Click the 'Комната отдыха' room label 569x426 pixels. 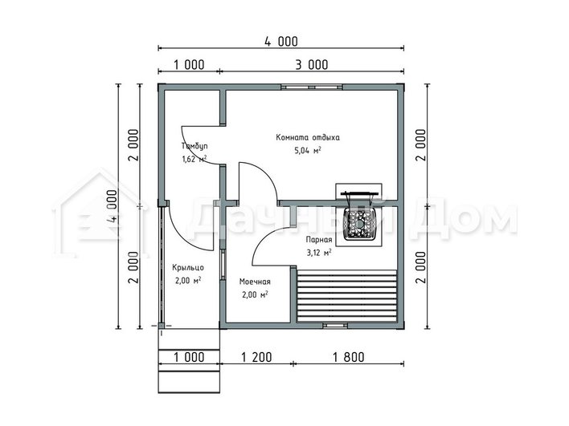click(x=308, y=138)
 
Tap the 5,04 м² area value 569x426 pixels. click(x=308, y=150)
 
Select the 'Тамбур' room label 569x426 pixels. click(x=194, y=146)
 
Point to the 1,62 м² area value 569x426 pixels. click(x=194, y=159)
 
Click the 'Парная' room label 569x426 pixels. click(x=319, y=240)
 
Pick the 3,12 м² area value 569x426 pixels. click(x=319, y=253)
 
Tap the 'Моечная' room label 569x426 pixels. click(x=255, y=282)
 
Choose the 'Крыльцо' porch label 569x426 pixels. click(x=188, y=268)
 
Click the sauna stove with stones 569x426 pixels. click(x=359, y=217)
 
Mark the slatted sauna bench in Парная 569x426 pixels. click(x=346, y=296)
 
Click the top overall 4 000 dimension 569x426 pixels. click(x=280, y=42)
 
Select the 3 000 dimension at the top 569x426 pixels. click(x=311, y=65)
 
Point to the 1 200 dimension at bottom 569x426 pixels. click(x=256, y=357)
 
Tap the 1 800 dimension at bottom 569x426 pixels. click(x=348, y=357)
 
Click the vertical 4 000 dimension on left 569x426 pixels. click(x=113, y=206)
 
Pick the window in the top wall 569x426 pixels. click(x=312, y=87)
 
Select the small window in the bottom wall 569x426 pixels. click(x=335, y=326)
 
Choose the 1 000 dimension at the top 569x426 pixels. click(x=189, y=65)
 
